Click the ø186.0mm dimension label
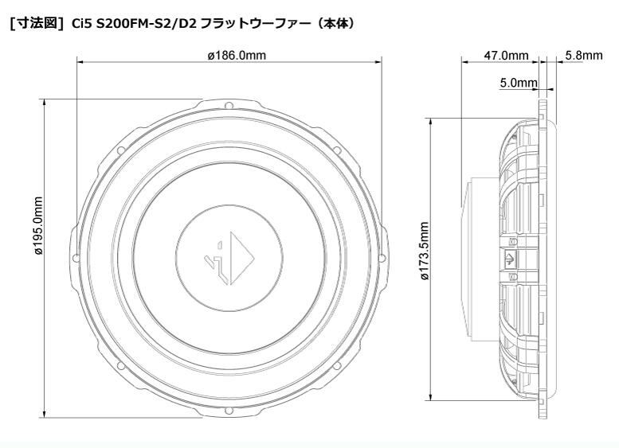pyautogui.click(x=237, y=55)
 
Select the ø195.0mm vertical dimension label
pyautogui.click(x=38, y=226)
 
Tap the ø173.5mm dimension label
pyautogui.click(x=425, y=251)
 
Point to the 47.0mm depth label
pyautogui.click(x=506, y=56)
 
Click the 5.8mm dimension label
pyautogui.click(x=584, y=55)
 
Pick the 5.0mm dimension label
pyautogui.click(x=519, y=83)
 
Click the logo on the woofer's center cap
pyautogui.click(x=229, y=258)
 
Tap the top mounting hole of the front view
pyautogui.click(x=229, y=105)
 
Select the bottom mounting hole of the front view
pyautogui.click(x=229, y=411)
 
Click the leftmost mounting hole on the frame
pyautogui.click(x=76, y=258)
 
